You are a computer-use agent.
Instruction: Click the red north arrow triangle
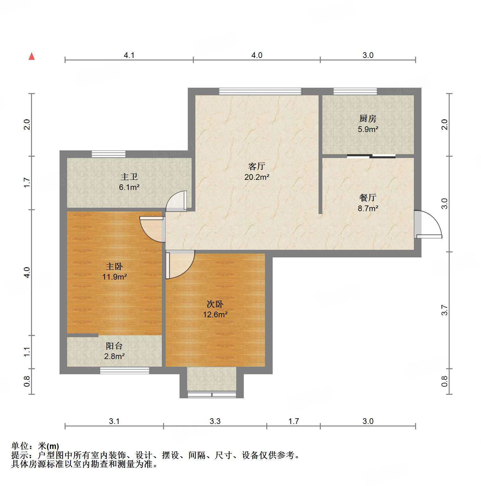pos(32,56)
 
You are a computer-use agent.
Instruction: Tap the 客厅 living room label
pos(256,166)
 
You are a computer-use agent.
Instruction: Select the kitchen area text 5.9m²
pos(368,129)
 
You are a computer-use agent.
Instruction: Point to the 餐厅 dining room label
pos(368,198)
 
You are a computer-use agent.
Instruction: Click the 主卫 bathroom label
pos(129,177)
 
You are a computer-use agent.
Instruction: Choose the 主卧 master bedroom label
pos(114,266)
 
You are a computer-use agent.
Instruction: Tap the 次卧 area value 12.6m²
pos(215,314)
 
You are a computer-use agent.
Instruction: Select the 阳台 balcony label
pos(114,346)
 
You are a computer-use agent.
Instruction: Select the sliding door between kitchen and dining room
pos(371,156)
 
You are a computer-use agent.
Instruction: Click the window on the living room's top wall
pos(260,91)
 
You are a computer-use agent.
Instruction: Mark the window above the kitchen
pos(355,91)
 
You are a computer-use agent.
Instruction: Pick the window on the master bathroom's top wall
pos(109,154)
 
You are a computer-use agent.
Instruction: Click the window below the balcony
pos(124,370)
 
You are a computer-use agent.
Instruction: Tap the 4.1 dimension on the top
pos(129,55)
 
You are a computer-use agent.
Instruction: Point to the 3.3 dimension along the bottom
pos(215,421)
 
